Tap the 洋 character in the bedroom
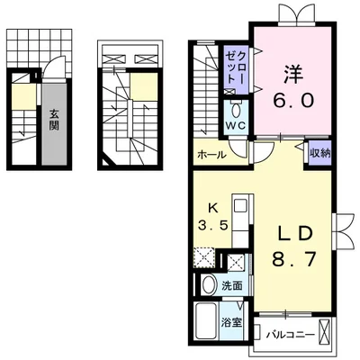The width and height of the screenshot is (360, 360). pos(289,69)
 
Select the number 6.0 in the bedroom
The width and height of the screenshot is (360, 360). pos(289,101)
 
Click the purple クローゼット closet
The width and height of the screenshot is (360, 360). pos(238,71)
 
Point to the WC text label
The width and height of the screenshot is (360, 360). pos(235,126)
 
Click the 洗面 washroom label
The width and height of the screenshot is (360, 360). pos(232,285)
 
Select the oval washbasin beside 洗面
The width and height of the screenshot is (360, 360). pos(207,284)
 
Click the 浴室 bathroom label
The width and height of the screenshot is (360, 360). pos(230,321)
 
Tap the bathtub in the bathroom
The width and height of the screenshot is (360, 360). pos(204,321)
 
